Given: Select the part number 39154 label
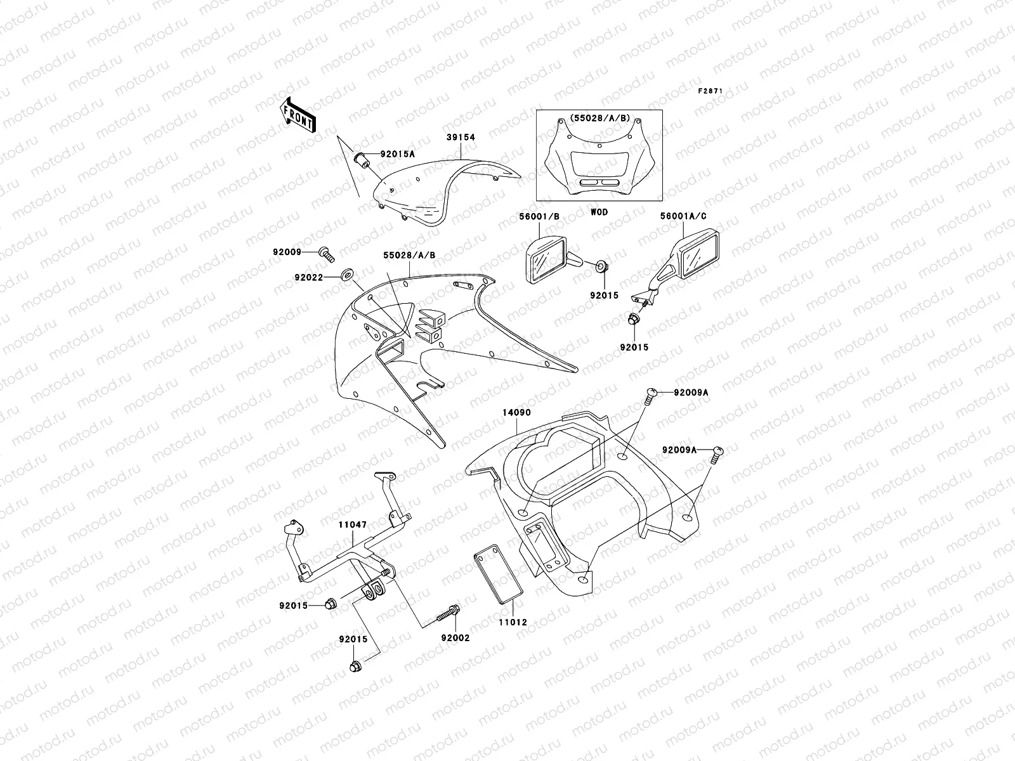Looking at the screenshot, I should coord(461,137).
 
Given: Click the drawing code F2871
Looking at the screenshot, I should coord(710,91).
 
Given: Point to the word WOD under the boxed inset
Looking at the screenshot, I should coord(599,212).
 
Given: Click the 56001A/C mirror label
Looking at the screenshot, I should coord(683,216).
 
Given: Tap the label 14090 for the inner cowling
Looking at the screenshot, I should coord(517,413).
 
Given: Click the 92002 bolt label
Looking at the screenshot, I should coord(456,638).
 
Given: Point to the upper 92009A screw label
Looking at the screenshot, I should coord(691,393).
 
